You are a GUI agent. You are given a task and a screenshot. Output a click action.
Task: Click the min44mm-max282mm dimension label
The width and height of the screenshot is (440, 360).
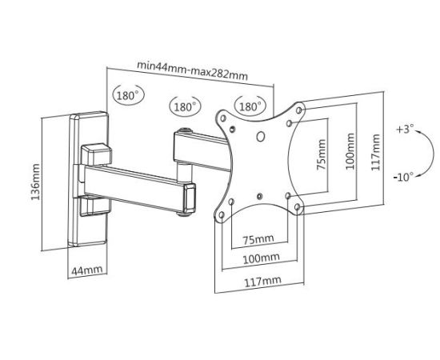pyautogui.click(x=193, y=70)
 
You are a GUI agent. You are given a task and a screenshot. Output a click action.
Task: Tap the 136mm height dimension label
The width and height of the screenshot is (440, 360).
pyautogui.click(x=36, y=182)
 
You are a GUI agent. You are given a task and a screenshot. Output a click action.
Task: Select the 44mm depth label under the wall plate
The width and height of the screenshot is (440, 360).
pyautogui.click(x=87, y=270)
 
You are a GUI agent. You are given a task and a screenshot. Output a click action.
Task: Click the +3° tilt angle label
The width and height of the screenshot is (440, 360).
pyautogui.click(x=405, y=130)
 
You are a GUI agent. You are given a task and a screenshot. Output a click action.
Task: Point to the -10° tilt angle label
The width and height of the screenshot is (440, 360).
pyautogui.click(x=403, y=177)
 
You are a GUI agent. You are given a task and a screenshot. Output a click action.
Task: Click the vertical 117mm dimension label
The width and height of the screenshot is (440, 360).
pyautogui.click(x=375, y=152)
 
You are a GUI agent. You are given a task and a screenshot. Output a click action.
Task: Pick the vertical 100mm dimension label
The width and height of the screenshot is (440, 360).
pyautogui.click(x=350, y=151)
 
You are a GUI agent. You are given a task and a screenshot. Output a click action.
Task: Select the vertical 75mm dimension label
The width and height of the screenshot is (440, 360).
pyautogui.click(x=321, y=154)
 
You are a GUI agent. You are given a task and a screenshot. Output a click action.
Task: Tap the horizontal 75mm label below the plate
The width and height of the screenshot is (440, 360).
pyautogui.click(x=258, y=239)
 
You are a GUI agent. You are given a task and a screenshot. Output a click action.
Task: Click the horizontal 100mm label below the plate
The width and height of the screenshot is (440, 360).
pyautogui.click(x=262, y=258)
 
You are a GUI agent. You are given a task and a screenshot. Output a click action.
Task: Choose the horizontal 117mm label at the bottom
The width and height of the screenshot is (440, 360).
pyautogui.click(x=263, y=282)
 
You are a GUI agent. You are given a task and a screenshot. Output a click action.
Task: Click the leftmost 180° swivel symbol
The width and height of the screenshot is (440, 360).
pyautogui.click(x=128, y=95)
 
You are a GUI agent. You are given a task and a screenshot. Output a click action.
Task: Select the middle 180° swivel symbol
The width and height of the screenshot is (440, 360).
pyautogui.click(x=186, y=106)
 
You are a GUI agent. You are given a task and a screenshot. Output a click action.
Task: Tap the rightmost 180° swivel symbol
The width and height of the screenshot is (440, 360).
pyautogui.click(x=250, y=106)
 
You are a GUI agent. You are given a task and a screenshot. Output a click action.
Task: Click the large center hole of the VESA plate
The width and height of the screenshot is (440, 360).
pyautogui.click(x=261, y=137)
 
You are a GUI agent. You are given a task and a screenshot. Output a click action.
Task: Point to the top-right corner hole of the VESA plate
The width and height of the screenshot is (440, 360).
pyautogui.click(x=299, y=110)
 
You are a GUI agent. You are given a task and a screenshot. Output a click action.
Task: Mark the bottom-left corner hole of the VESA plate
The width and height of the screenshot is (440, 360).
pyautogui.click(x=222, y=215)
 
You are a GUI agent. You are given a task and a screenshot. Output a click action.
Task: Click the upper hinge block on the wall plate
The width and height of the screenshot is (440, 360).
pyautogui.click(x=96, y=154)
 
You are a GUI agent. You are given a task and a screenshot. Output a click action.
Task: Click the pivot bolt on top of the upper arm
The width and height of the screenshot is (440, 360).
pyautogui.click(x=185, y=130)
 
